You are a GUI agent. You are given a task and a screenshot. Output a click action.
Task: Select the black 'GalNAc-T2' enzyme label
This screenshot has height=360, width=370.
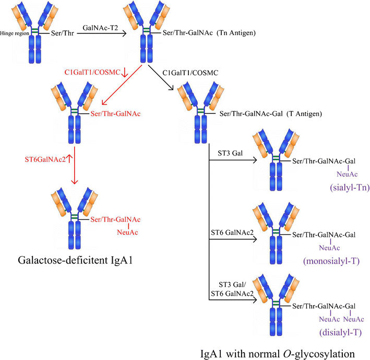tap(99, 27)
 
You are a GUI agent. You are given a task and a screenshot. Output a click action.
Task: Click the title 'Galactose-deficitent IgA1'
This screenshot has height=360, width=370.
tap(74, 260)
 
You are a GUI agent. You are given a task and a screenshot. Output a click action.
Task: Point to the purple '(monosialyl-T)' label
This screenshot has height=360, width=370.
tap(330, 259)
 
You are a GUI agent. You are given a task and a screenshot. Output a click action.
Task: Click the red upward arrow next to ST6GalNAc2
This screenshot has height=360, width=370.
tap(69, 157)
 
